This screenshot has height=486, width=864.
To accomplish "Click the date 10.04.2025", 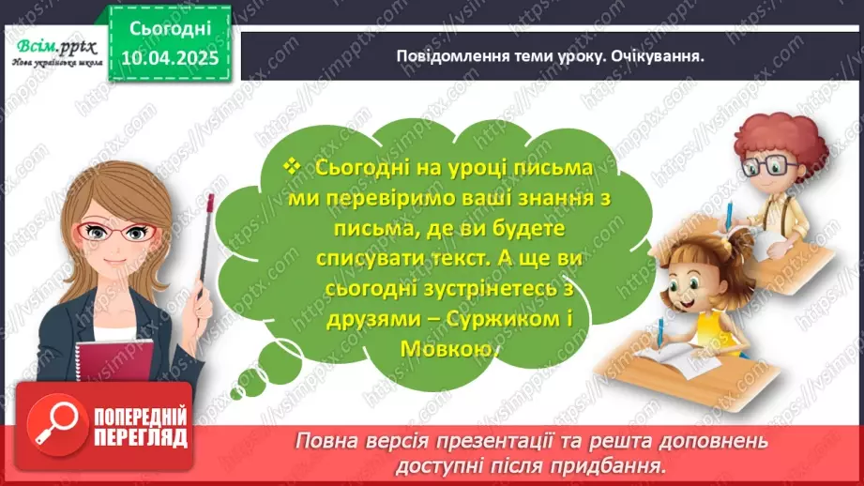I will (169, 56).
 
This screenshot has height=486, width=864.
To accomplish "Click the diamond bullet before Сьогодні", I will (289, 168).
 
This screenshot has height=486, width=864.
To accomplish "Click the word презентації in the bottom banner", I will (529, 441).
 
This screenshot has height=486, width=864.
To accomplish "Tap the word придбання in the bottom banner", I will (619, 464).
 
